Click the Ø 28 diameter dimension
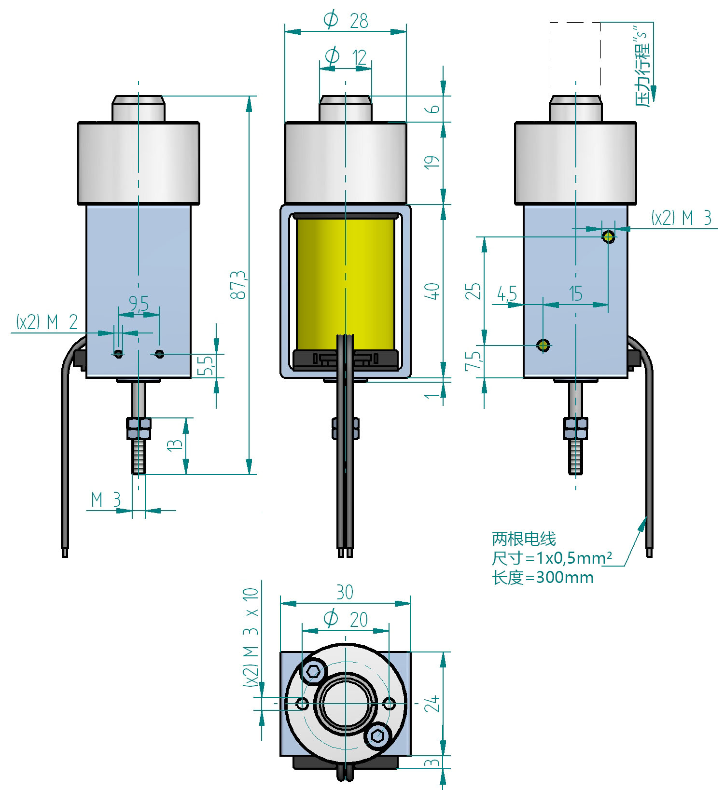(345, 20)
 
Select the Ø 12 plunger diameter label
(346, 57)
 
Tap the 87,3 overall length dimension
(239, 284)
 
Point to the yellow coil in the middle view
(345, 284)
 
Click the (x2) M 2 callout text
(47, 322)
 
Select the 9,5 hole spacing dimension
(139, 304)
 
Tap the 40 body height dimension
(434, 291)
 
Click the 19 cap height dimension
(434, 162)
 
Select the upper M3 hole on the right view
(609, 236)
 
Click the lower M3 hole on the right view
(543, 345)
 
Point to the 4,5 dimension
(507, 293)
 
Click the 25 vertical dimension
(475, 291)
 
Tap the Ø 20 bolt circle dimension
(346, 619)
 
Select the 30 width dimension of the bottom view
(345, 592)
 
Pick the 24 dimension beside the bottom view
(434, 703)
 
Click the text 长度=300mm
(543, 577)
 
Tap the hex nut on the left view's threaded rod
(139, 428)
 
